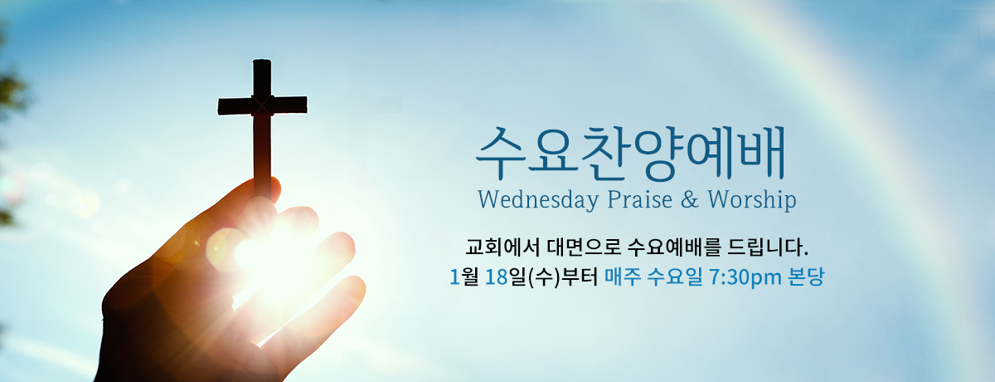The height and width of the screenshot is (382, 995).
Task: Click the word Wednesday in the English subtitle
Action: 538,199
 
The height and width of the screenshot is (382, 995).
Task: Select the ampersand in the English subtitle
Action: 690,199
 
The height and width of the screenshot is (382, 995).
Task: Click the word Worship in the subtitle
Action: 752,199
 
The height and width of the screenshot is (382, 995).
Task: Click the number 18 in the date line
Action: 497,277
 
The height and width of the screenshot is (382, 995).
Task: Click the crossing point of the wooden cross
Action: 262,105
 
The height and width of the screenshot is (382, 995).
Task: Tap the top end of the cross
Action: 262,60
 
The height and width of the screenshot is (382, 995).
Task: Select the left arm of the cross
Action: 235,106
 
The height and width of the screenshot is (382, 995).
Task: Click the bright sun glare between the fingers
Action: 266,253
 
